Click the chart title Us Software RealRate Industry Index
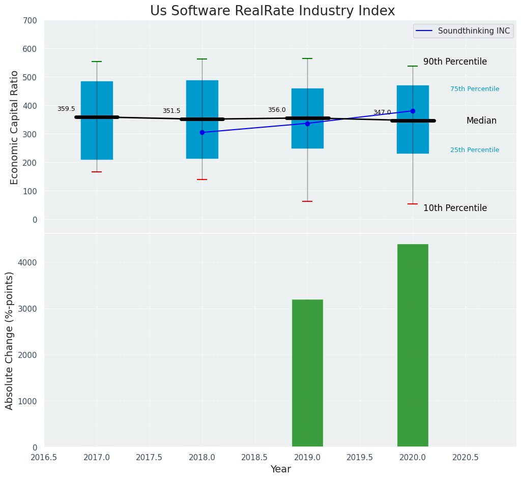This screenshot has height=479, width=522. pyautogui.click(x=272, y=11)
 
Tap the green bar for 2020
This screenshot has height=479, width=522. pyautogui.click(x=413, y=346)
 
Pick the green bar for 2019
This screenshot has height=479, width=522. pyautogui.click(x=307, y=373)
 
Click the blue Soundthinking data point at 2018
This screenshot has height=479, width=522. pyautogui.click(x=202, y=132)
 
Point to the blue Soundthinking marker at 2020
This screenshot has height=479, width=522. pyautogui.click(x=413, y=111)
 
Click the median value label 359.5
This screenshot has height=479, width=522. pyautogui.click(x=66, y=109)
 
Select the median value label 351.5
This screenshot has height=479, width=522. pyautogui.click(x=171, y=111)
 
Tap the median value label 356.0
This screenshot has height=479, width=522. pyautogui.click(x=277, y=110)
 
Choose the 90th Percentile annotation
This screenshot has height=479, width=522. pyautogui.click(x=455, y=62)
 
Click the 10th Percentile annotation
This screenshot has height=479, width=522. pyautogui.click(x=455, y=208)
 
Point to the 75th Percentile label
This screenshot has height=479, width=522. pyautogui.click(x=475, y=89)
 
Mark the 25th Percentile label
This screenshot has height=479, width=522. pyautogui.click(x=475, y=150)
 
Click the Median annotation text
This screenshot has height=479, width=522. pyautogui.click(x=481, y=121)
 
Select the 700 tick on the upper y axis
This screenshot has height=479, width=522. pyautogui.click(x=30, y=20)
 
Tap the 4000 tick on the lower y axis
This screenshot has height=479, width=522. pyautogui.click(x=27, y=262)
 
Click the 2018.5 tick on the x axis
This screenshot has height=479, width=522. pyautogui.click(x=255, y=457)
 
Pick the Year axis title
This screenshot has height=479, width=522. pyautogui.click(x=280, y=469)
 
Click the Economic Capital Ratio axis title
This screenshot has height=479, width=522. pyautogui.click(x=14, y=127)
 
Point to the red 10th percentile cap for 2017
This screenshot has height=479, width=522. pyautogui.click(x=97, y=172)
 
